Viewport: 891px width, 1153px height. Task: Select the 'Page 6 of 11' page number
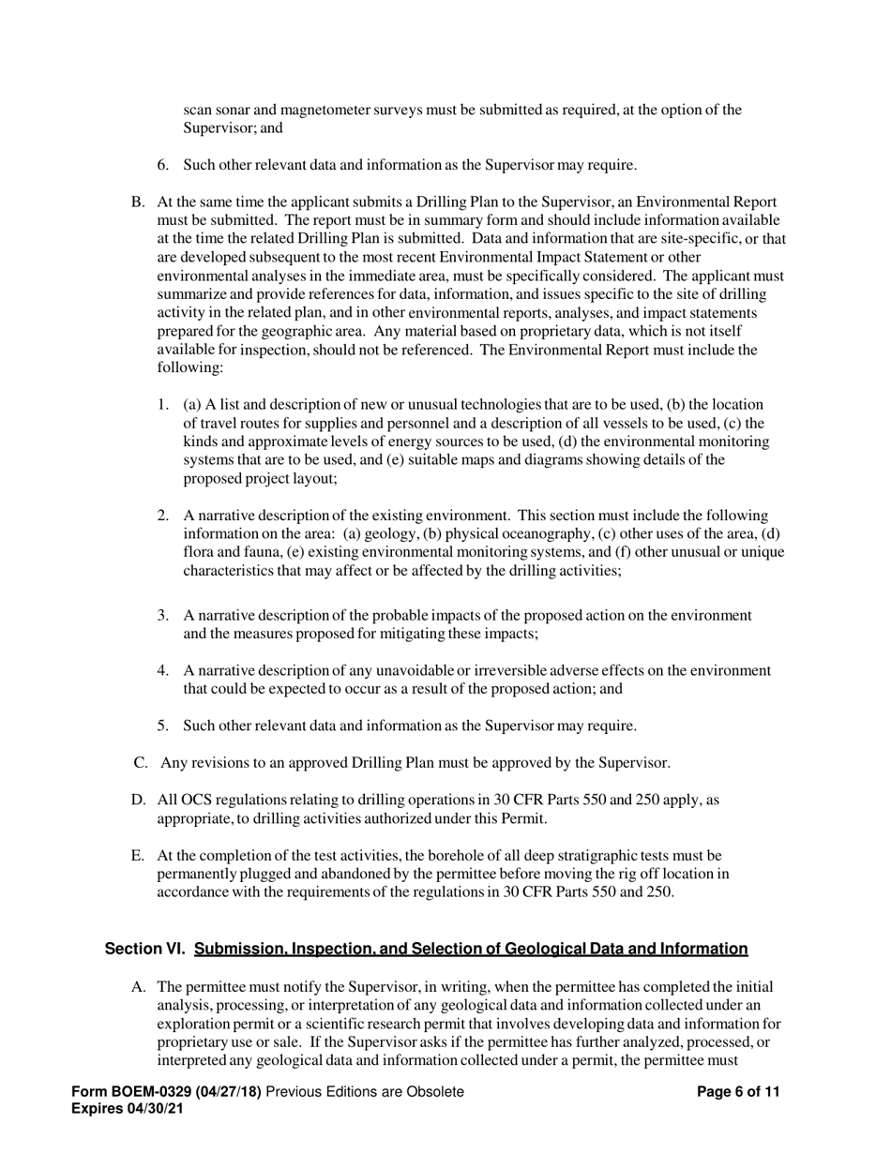coord(739,1092)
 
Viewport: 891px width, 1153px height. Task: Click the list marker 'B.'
coord(138,202)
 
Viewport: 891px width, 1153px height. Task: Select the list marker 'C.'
coord(141,763)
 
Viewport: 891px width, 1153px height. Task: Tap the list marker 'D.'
coord(139,801)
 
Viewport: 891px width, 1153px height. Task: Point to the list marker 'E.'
coord(138,856)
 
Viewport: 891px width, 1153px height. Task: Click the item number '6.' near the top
coord(163,165)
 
